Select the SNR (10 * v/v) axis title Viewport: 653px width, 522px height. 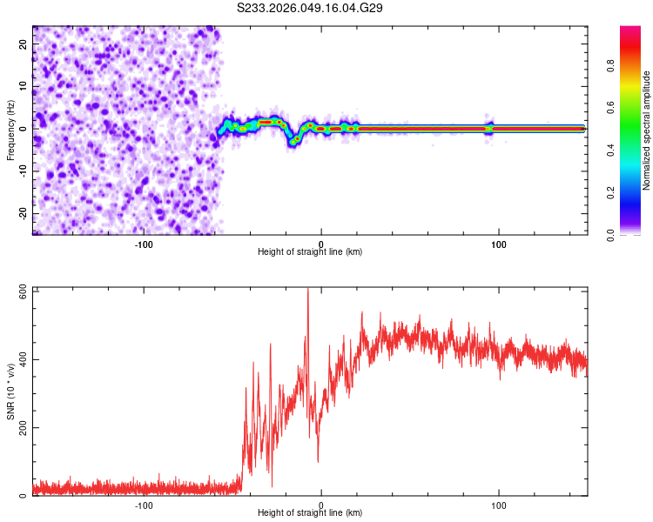[10, 391]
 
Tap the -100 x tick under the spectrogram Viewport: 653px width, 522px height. [145, 243]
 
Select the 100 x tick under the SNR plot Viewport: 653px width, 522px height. [499, 505]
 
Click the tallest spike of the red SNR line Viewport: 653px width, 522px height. [307, 291]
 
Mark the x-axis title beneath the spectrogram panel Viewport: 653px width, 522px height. [310, 251]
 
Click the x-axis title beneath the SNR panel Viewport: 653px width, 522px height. [310, 513]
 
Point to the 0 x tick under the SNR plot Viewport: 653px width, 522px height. [321, 505]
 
